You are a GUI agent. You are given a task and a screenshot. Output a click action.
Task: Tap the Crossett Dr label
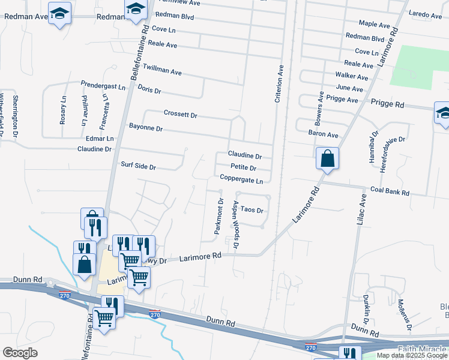(180, 114)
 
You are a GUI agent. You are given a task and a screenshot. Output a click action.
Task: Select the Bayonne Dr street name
(146, 128)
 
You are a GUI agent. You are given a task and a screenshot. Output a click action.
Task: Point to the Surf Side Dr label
(138, 167)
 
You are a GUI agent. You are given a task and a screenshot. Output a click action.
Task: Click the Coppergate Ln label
(241, 179)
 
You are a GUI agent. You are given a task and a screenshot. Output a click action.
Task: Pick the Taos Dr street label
(253, 211)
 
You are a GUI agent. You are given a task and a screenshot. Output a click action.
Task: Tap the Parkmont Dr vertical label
(220, 216)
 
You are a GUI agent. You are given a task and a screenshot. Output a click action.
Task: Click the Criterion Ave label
(279, 84)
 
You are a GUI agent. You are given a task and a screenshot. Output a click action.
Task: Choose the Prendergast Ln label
(103, 86)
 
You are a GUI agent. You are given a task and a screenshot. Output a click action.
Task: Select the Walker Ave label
(352, 77)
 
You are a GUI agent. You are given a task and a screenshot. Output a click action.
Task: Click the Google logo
(20, 353)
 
